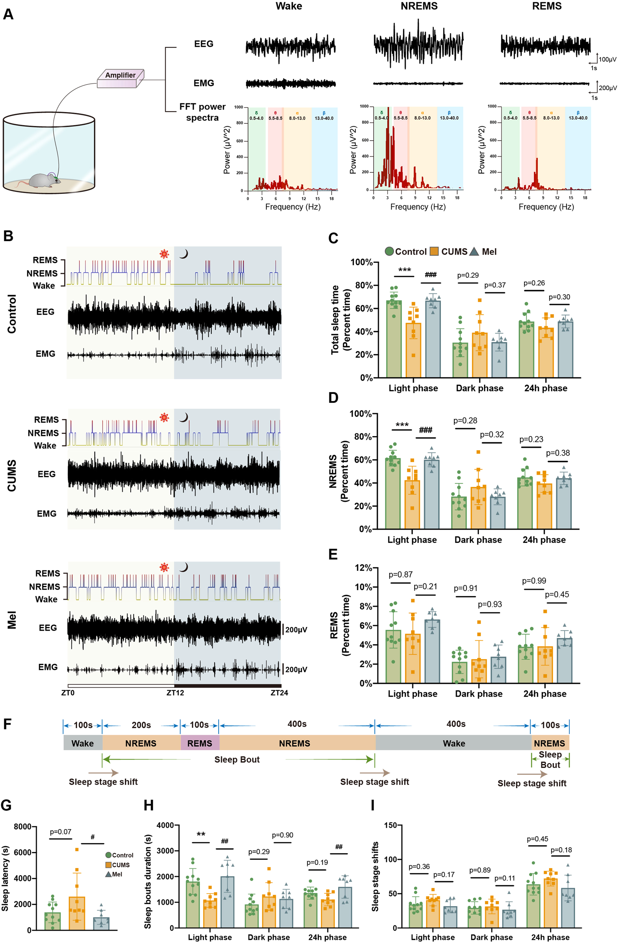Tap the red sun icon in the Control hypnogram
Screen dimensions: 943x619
tap(164, 254)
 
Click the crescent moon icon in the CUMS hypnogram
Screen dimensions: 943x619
tap(183, 417)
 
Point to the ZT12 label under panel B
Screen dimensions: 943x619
tap(175, 693)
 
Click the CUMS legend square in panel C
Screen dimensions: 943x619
tap(434, 252)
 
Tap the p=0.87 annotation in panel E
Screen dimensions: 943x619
tap(400, 574)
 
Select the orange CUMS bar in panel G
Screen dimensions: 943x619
tap(77, 913)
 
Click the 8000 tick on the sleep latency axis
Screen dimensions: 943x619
tap(22, 826)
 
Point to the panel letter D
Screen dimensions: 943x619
tap(333, 398)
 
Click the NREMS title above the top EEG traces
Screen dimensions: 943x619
tap(419, 6)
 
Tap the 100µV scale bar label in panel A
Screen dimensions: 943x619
tap(607, 60)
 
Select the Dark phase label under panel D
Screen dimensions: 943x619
tap(478, 540)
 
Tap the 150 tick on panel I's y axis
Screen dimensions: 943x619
tap(391, 825)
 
